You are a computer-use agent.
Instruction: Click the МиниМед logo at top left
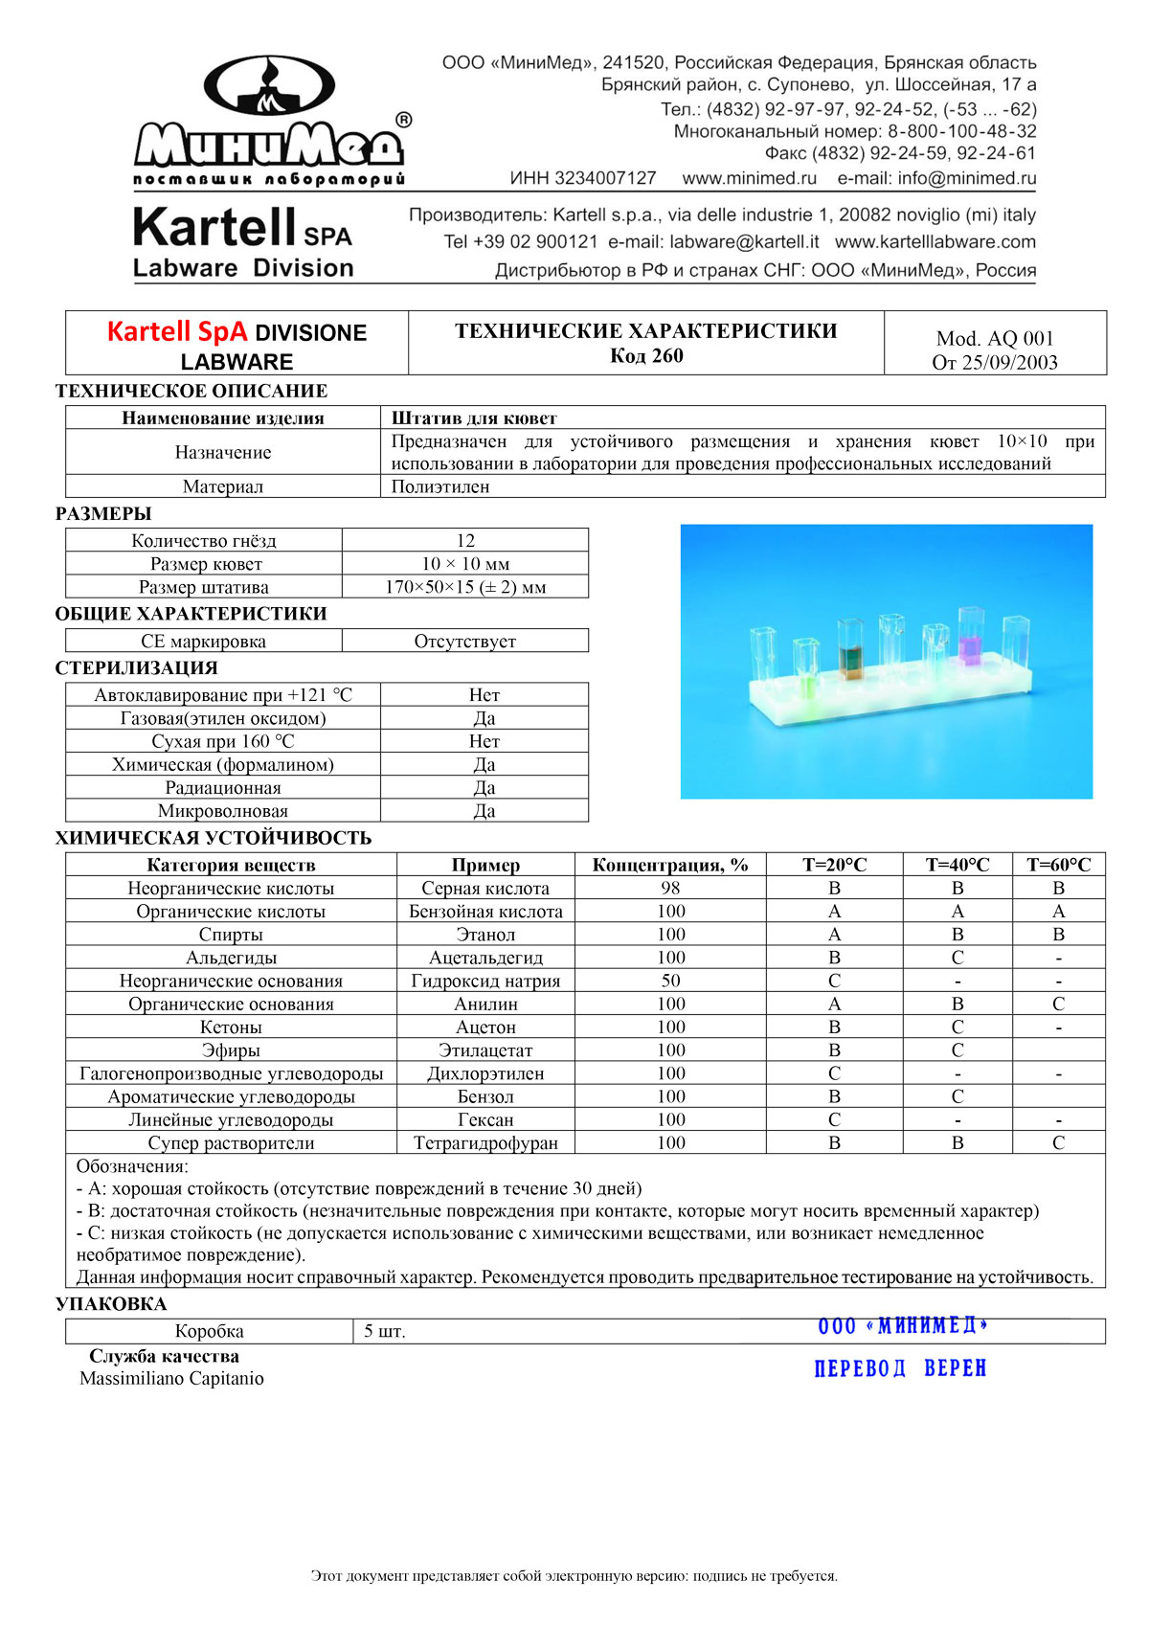(x=270, y=120)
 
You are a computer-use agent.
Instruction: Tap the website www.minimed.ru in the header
(x=749, y=178)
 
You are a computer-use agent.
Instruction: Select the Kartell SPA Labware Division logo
(x=243, y=242)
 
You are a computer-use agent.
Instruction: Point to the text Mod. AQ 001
(x=995, y=338)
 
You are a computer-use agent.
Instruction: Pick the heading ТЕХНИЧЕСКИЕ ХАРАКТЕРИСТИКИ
(x=645, y=331)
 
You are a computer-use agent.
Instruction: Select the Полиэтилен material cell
(x=440, y=486)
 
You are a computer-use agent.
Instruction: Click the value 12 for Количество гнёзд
(x=465, y=540)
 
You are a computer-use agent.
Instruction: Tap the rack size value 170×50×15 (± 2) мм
(x=465, y=587)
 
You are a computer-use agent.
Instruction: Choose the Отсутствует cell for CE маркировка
(x=465, y=642)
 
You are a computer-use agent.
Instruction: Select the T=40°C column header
(x=957, y=865)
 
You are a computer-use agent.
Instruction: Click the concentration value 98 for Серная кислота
(x=670, y=888)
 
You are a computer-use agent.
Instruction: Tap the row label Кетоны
(x=231, y=1027)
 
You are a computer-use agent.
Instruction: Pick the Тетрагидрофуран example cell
(x=485, y=1142)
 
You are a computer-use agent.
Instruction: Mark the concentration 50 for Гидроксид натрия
(x=670, y=981)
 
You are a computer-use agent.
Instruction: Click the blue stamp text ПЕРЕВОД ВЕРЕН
(x=900, y=1368)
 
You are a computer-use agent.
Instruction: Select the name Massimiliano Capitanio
(x=171, y=1379)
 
